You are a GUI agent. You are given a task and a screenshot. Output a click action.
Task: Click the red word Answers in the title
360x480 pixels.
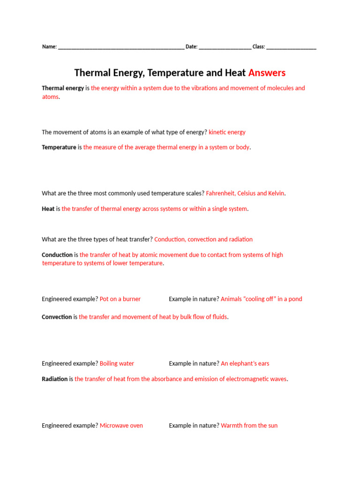pos(267,73)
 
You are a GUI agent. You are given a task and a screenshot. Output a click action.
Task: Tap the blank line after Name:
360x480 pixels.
pos(121,47)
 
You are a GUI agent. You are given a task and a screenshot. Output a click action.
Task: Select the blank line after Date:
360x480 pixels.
pos(225,47)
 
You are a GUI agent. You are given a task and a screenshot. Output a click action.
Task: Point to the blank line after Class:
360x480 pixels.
pos(291,47)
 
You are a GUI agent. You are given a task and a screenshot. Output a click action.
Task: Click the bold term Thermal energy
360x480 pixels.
pos(63,88)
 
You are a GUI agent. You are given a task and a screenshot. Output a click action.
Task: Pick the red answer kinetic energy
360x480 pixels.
pos(227,132)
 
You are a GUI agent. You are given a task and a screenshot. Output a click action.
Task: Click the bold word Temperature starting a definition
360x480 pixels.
pos(59,147)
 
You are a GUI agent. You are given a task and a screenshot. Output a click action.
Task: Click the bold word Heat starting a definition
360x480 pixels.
pos(48,209)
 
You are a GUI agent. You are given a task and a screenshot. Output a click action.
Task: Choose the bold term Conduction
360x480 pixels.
pos(57,255)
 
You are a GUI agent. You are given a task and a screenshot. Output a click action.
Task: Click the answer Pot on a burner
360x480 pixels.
pos(120,299)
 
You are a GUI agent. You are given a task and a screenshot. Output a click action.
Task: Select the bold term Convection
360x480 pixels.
pos(57,317)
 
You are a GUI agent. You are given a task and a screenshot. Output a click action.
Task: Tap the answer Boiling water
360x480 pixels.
pos(117,363)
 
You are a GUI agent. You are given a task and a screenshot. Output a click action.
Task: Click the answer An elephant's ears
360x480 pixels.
pos(245,363)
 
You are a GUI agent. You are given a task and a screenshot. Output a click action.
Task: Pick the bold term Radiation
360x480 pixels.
pos(55,379)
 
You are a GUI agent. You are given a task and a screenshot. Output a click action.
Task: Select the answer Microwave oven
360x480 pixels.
pos(121,426)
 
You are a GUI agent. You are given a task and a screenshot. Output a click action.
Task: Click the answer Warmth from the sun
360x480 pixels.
pos(249,426)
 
